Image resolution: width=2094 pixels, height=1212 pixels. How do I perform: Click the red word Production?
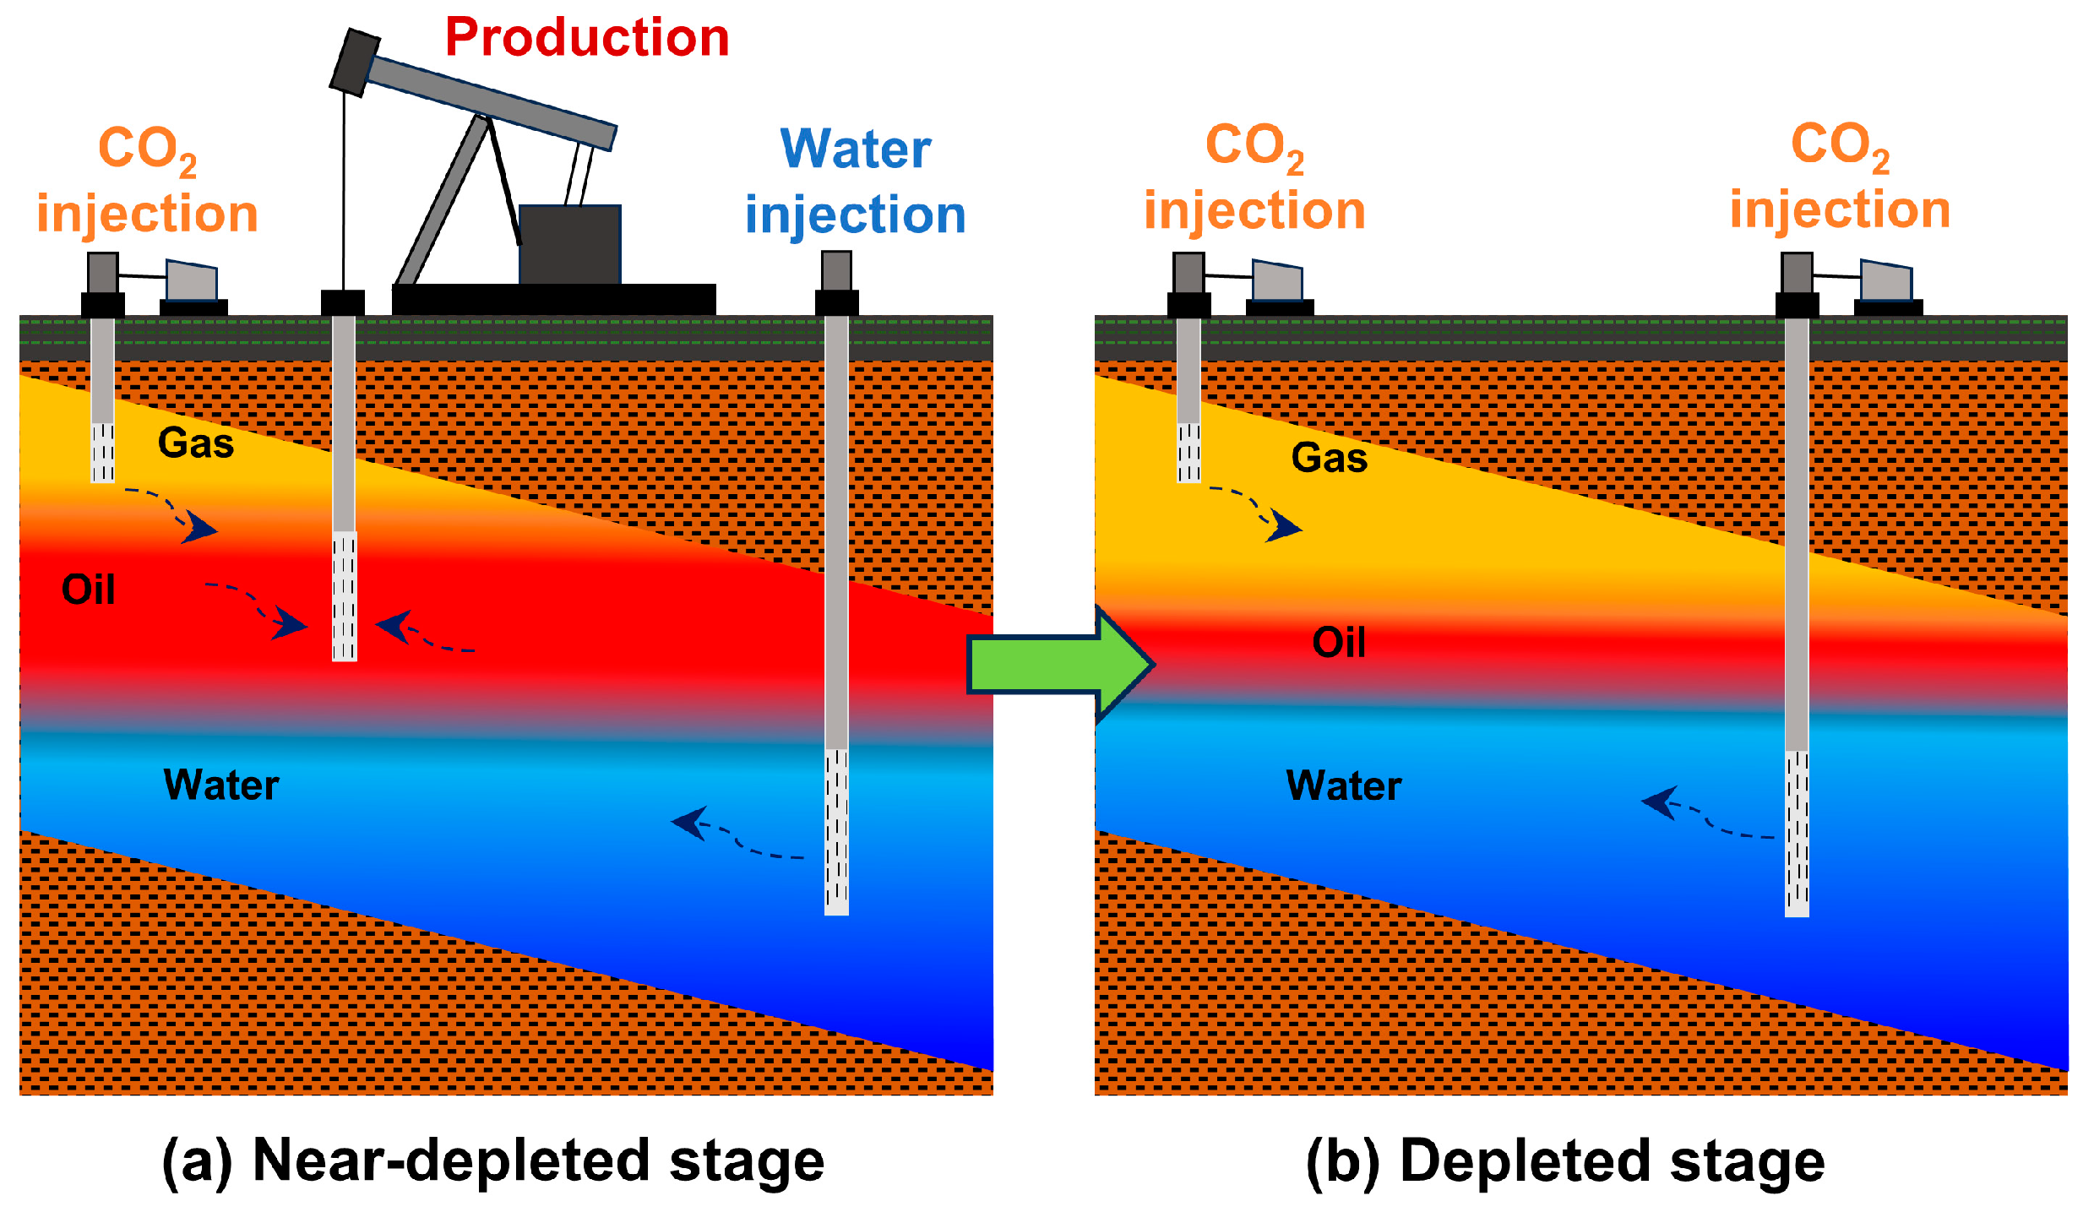pos(587,38)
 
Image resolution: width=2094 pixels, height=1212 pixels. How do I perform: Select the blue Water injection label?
pos(855,182)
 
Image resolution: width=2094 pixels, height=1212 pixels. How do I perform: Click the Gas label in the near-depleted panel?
pos(196,443)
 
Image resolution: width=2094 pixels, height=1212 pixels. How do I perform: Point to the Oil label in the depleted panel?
pos(1339,643)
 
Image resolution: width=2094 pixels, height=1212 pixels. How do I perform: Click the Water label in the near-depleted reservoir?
pos(221,785)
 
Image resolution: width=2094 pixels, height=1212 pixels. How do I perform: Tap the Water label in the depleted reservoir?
pos(1343,786)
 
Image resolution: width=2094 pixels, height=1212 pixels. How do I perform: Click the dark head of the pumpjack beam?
pos(354,62)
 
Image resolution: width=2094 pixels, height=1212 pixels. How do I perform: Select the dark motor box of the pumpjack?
pos(569,244)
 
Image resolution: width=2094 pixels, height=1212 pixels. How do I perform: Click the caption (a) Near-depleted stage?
pos(492,1161)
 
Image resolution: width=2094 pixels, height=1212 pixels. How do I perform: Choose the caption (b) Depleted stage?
pos(1564,1161)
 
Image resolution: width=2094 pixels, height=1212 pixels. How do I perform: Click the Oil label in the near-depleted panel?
pos(88,590)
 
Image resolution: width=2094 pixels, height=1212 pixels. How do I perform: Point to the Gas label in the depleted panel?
pos(1329,459)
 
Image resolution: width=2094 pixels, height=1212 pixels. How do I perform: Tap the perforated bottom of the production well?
pos(344,596)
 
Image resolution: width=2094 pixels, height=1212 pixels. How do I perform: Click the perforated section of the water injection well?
pos(836,832)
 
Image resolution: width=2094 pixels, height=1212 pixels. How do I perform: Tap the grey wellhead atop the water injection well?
pos(836,270)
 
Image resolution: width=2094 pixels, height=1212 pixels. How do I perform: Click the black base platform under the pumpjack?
pos(553,299)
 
